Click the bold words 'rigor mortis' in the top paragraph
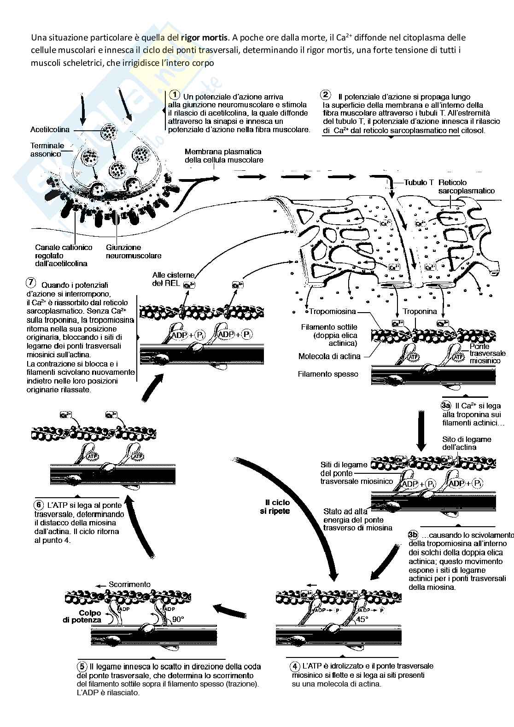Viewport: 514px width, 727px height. pos(205,38)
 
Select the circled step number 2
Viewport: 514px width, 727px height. pos(325,95)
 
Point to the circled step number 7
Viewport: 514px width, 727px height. pos(31,282)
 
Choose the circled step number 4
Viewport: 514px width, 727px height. pos(295,666)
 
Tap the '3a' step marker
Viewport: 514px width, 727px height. pos(445,406)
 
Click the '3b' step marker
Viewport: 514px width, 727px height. pos(413,535)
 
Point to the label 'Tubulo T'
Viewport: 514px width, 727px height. pos(419,182)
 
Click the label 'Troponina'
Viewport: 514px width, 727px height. pos(420,311)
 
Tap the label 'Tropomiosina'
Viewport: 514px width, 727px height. pos(329,311)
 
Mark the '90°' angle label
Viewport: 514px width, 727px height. pos(178,619)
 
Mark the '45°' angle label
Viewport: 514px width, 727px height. pos(362,619)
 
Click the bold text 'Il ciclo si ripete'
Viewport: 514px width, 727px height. pos(277,506)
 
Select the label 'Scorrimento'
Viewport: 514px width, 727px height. pos(129,584)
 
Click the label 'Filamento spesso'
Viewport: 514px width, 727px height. pos(328,374)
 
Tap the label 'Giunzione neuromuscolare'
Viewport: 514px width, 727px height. pos(134,251)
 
